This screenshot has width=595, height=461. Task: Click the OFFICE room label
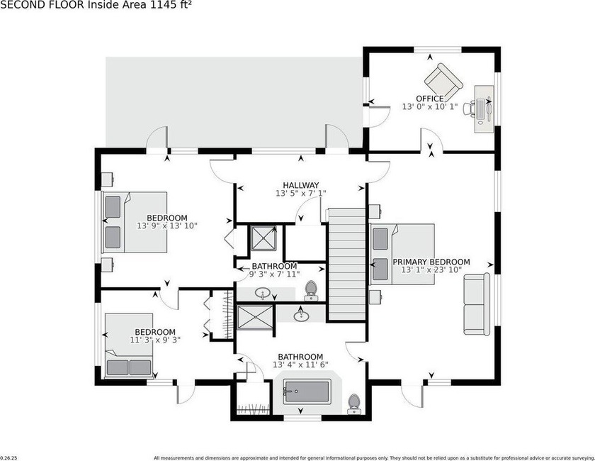pyautogui.click(x=430, y=99)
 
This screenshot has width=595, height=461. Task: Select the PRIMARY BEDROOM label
pyautogui.click(x=431, y=262)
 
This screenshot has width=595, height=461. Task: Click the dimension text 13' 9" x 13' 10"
pyautogui.click(x=167, y=226)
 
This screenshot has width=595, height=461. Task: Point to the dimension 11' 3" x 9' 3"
pyautogui.click(x=155, y=340)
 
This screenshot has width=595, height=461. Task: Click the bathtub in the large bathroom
pyautogui.click(x=307, y=391)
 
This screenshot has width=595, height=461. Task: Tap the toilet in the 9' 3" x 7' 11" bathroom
pyautogui.click(x=311, y=291)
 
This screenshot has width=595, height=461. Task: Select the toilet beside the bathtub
pyautogui.click(x=354, y=404)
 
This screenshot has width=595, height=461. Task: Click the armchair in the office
pyautogui.click(x=443, y=81)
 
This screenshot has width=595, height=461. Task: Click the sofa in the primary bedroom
pyautogui.click(x=476, y=304)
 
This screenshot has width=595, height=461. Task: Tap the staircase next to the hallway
pyautogui.click(x=346, y=264)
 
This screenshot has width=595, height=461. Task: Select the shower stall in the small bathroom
pyautogui.click(x=263, y=238)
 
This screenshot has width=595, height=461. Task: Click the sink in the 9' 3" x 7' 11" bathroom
pyautogui.click(x=263, y=294)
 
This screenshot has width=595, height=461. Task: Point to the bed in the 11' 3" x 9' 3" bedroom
pyautogui.click(x=129, y=345)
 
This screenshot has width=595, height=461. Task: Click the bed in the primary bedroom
pyautogui.click(x=402, y=254)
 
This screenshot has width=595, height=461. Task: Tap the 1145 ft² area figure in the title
pyautogui.click(x=169, y=5)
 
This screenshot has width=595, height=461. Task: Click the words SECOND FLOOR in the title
pyautogui.click(x=43, y=5)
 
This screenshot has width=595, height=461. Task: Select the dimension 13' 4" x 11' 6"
pyautogui.click(x=300, y=365)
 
